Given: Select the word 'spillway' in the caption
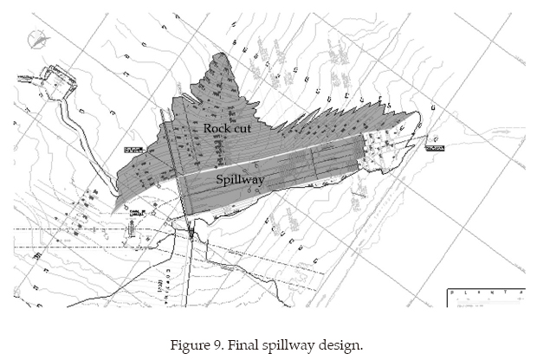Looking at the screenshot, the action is pyautogui.click(x=298, y=345).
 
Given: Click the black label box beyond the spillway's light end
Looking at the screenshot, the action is pyautogui.click(x=435, y=148).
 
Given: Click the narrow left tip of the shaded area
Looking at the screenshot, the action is pyautogui.click(x=117, y=206).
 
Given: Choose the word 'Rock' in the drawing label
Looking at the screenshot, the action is pyautogui.click(x=216, y=128).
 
